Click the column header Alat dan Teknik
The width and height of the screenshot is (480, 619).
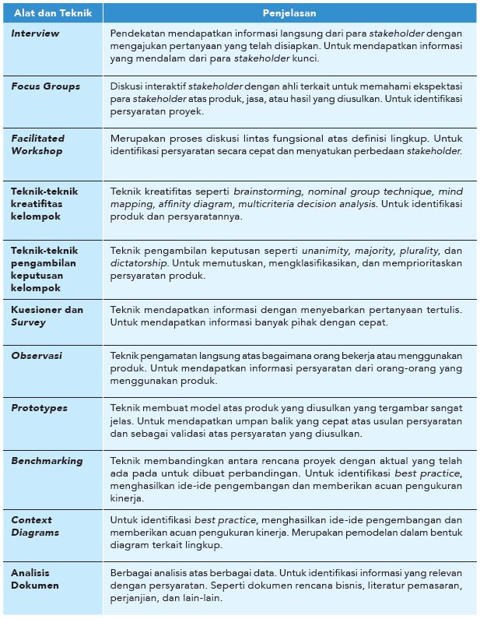49,13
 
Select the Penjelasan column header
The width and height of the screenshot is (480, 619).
288,13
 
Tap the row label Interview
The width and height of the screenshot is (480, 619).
35,34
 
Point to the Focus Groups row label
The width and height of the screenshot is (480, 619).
45,86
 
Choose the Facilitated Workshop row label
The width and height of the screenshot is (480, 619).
37,144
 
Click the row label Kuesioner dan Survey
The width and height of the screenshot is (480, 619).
47,315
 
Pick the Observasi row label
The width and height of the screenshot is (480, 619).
36,356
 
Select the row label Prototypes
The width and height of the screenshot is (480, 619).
39,408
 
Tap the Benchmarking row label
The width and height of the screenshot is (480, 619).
47,461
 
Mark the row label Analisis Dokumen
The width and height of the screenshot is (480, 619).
35,579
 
